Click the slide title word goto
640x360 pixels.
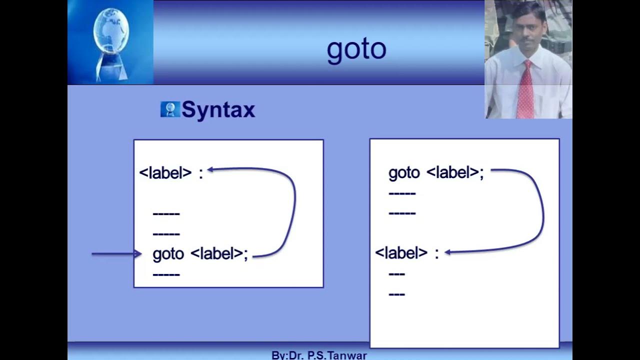click(356, 49)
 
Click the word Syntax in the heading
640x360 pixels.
click(218, 109)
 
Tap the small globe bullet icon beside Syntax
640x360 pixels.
click(170, 109)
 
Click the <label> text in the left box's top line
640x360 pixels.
click(165, 173)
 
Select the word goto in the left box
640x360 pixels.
click(168, 254)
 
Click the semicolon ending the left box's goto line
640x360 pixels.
click(245, 254)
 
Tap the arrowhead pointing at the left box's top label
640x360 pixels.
click(211, 169)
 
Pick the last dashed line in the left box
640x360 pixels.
click(166, 274)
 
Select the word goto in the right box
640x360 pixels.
click(404, 173)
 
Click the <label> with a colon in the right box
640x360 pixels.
click(401, 253)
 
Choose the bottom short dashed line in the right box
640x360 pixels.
click(396, 294)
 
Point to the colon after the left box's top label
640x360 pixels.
click(201, 173)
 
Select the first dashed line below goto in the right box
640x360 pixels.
click(402, 193)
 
